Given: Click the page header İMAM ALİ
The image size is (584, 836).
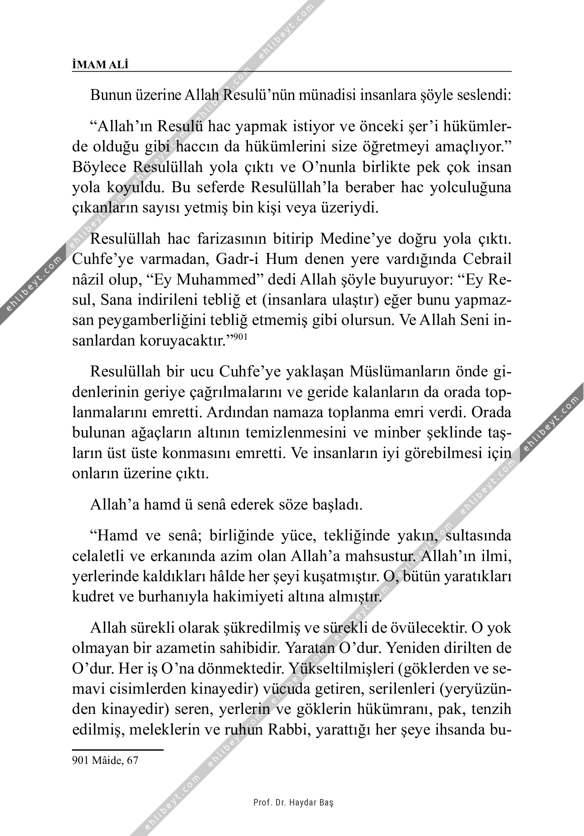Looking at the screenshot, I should [100, 65].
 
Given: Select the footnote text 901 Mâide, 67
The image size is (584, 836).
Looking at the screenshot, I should [105, 771].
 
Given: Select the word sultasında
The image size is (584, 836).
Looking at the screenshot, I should [478, 536].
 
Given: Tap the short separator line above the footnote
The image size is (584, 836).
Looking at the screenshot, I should [117, 749].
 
